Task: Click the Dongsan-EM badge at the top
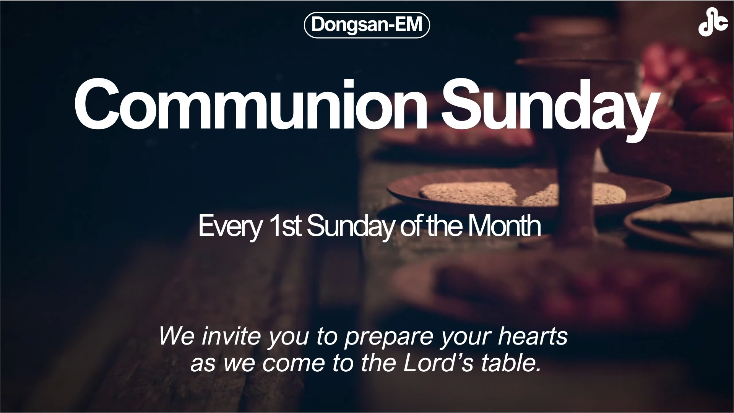[367, 25]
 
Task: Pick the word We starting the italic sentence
[177, 337]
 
